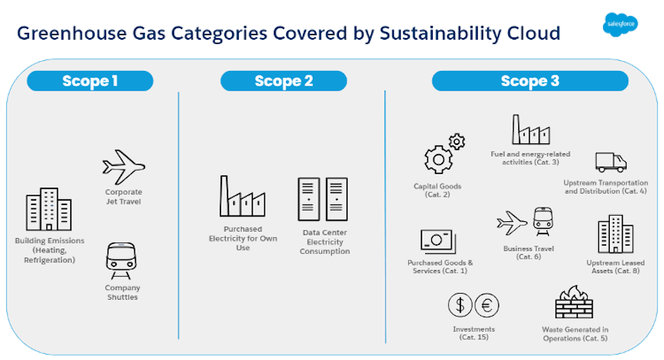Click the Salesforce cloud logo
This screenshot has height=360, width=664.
pos(618,24)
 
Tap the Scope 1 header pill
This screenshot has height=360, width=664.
pos(90,81)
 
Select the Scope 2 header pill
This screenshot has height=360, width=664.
pos(283,81)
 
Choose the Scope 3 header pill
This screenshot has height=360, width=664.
pos(530,81)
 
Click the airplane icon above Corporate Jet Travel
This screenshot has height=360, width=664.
pos(123,167)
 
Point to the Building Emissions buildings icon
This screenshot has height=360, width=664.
pos(48,211)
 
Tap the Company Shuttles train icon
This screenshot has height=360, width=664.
pos(122,261)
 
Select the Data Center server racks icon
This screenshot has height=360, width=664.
pos(323,199)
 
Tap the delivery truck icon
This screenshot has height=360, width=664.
pos(611,161)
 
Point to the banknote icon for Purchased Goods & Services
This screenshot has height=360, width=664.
pos(438,241)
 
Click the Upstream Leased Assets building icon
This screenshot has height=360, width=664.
pos(615,233)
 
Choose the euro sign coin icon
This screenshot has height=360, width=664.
pos(487,306)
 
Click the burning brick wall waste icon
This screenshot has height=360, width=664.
pos(575,302)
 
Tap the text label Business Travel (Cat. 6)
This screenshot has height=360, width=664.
pos(528,252)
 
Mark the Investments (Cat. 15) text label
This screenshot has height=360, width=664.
pos(469,333)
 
